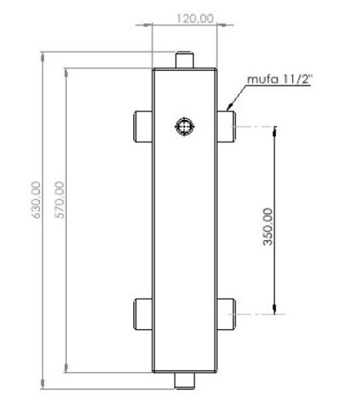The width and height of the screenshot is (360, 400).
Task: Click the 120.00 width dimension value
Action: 184,17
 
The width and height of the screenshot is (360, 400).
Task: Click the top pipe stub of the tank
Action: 183,60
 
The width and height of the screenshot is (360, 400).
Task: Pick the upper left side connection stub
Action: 142,126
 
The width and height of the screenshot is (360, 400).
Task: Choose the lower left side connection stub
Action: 142,313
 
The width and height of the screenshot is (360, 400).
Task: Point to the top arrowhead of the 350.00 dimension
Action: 274,130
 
